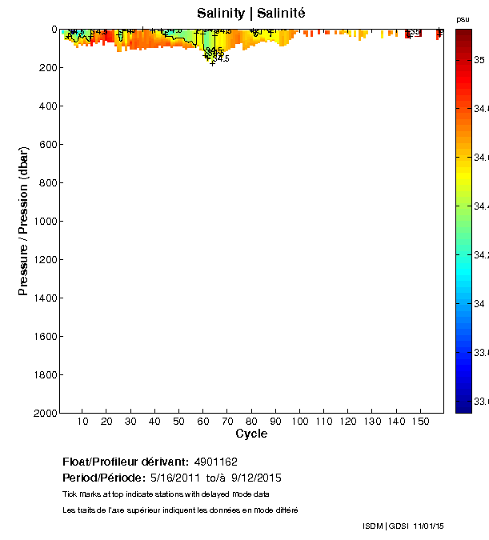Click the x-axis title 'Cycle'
pyautogui.click(x=251, y=434)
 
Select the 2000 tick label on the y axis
pyautogui.click(x=44, y=414)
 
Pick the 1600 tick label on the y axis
pyautogui.click(x=44, y=337)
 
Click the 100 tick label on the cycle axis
pyautogui.click(x=299, y=421)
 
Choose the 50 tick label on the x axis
pyautogui.click(x=178, y=421)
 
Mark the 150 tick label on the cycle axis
pyautogui.click(x=420, y=421)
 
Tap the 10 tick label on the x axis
pyautogui.click(x=82, y=421)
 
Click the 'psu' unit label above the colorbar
pyautogui.click(x=463, y=18)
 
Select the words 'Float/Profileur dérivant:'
pyautogui.click(x=125, y=462)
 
